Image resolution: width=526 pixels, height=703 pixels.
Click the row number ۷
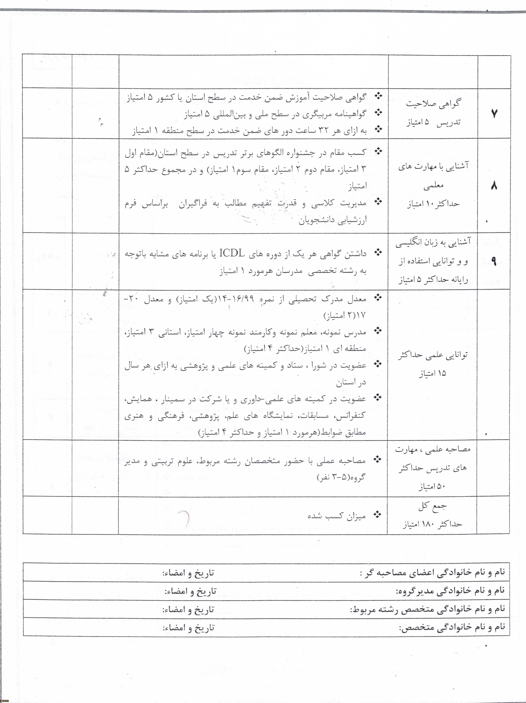(x=494, y=113)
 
